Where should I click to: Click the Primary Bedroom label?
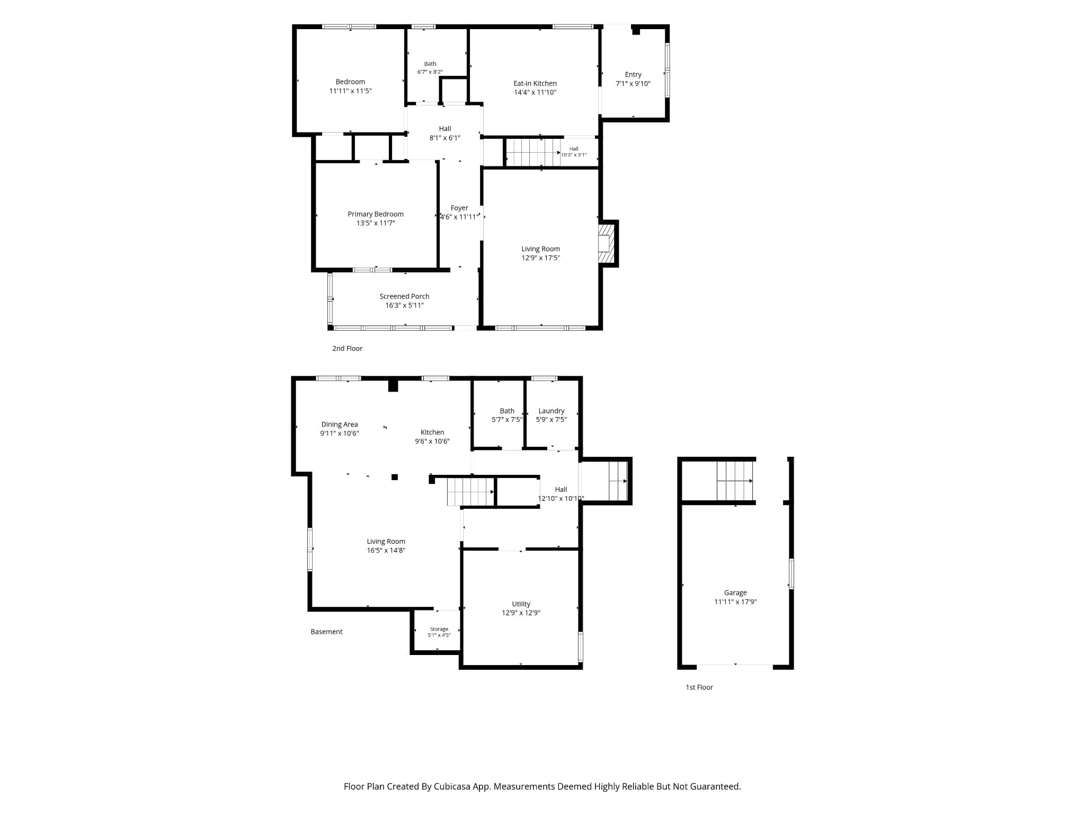tap(376, 214)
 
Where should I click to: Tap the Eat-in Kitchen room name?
tap(535, 83)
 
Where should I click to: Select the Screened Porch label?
tap(404, 296)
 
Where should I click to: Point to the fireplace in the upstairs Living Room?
tap(606, 243)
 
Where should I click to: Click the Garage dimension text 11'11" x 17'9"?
tap(735, 601)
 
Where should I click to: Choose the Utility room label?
tap(521, 604)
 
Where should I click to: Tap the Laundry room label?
tap(552, 411)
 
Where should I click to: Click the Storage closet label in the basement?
tap(439, 629)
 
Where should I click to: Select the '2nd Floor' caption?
tap(347, 348)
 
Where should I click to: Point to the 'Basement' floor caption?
tap(326, 632)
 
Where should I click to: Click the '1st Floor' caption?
tap(699, 687)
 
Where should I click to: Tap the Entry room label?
tap(633, 75)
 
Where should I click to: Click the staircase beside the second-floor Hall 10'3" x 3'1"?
tap(532, 152)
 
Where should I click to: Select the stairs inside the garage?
tap(735, 481)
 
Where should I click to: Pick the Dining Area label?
tap(340, 424)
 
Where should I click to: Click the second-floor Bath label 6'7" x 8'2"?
tap(430, 64)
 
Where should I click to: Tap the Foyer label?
tap(459, 208)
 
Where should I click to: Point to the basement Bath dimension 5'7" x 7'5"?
tap(507, 419)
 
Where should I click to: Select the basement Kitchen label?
tap(432, 432)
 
